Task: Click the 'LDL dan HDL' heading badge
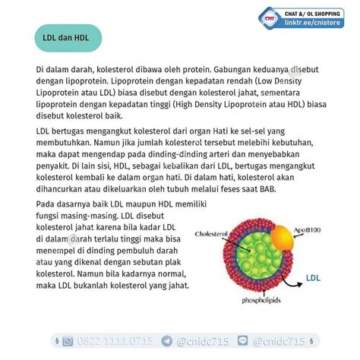66,37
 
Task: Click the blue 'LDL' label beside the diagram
314,278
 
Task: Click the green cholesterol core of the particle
255,258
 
